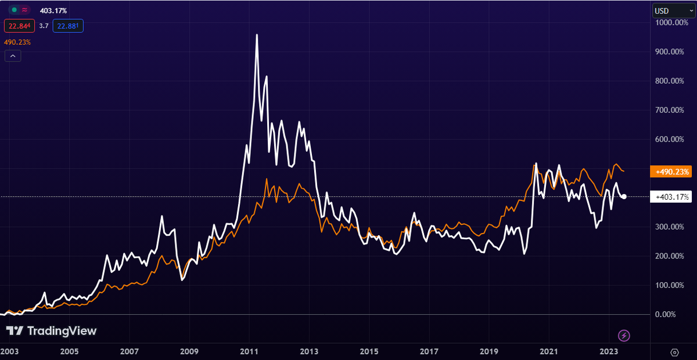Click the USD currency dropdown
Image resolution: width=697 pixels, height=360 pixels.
click(x=673, y=11)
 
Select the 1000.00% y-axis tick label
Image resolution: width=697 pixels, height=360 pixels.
click(x=671, y=23)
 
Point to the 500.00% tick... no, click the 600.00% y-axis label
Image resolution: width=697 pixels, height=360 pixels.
click(x=669, y=139)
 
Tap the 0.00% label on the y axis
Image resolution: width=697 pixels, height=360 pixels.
click(x=665, y=314)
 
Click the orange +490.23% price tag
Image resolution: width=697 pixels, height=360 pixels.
click(x=671, y=171)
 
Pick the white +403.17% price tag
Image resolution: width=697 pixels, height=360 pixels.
click(x=671, y=197)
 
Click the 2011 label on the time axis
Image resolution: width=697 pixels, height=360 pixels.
click(x=249, y=352)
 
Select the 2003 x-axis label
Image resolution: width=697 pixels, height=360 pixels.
click(x=9, y=352)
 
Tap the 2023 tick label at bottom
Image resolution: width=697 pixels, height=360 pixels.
click(x=609, y=352)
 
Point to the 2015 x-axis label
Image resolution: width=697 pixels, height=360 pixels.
click(x=369, y=352)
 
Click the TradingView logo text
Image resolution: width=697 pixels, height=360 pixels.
click(x=62, y=331)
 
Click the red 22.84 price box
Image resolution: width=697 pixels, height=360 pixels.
click(x=19, y=26)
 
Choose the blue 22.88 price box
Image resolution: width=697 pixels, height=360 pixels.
click(x=68, y=26)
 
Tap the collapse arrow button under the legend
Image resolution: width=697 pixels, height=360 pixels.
click(x=13, y=56)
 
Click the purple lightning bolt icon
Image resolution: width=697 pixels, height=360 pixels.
click(x=624, y=336)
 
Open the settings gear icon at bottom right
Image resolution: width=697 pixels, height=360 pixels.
click(x=674, y=352)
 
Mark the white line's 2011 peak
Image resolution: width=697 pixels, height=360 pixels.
click(x=257, y=34)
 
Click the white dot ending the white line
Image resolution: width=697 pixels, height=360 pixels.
click(x=624, y=197)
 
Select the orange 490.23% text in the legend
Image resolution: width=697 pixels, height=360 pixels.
click(x=17, y=42)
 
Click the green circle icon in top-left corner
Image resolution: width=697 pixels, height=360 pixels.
click(x=14, y=10)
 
